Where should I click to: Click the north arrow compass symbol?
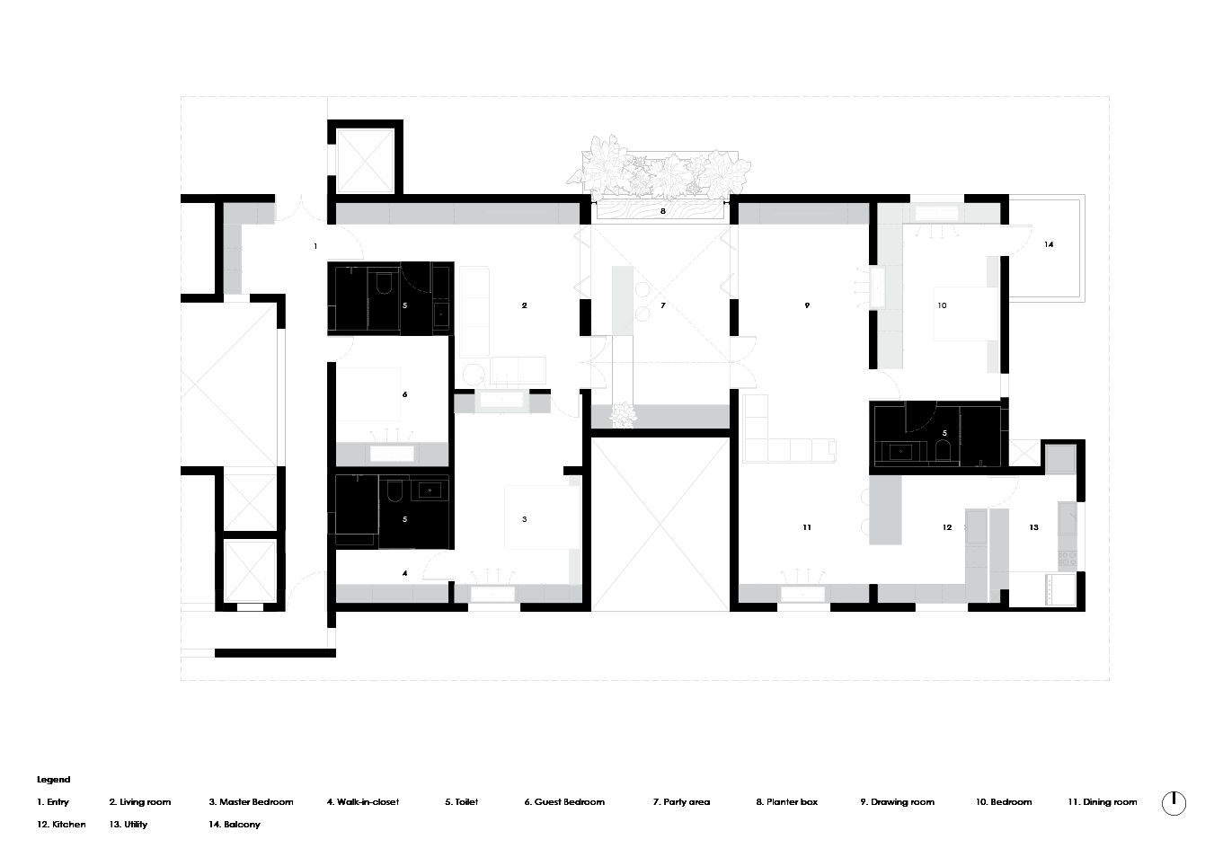(x=1174, y=802)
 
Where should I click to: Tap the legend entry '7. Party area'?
(x=681, y=802)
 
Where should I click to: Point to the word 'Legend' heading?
(x=53, y=780)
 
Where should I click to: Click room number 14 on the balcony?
(x=1049, y=244)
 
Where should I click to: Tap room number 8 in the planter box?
(x=663, y=211)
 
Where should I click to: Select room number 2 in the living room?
(x=524, y=305)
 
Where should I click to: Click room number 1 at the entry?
(x=315, y=244)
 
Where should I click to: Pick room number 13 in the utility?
(x=1034, y=527)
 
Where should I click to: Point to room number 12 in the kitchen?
(x=946, y=527)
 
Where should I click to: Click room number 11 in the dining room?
(x=807, y=527)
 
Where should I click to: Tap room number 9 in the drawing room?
(x=807, y=305)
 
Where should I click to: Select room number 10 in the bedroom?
(x=942, y=305)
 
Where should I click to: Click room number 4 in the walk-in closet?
(x=405, y=572)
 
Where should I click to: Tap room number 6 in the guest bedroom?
(x=405, y=394)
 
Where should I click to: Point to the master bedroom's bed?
(x=538, y=518)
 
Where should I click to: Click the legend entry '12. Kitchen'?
(x=61, y=824)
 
